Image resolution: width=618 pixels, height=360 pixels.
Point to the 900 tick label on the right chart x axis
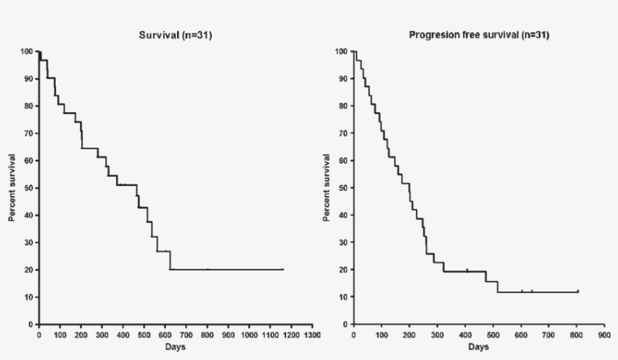click(x=603, y=334)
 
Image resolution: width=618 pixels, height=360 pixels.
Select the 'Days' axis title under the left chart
click(x=175, y=346)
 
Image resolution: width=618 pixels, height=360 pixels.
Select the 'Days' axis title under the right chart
click(x=478, y=346)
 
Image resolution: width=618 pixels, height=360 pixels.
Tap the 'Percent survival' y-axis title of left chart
click(x=13, y=188)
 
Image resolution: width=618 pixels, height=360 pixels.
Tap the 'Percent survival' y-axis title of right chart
click(x=327, y=188)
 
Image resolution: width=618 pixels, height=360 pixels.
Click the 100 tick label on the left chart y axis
click(x=26, y=52)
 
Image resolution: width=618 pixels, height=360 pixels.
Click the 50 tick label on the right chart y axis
click(x=343, y=188)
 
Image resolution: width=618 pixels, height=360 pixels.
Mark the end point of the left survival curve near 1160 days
click(x=283, y=269)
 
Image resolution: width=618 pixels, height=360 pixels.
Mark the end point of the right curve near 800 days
click(x=577, y=291)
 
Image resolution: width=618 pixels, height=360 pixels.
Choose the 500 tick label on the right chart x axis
click(x=492, y=334)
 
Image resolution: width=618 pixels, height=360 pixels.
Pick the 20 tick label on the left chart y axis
click(x=29, y=270)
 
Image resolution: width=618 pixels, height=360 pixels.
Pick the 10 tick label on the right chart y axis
click(x=343, y=297)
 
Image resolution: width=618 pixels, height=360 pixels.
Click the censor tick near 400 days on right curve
click(x=467, y=270)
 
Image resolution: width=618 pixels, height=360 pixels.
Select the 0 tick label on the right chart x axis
click(x=354, y=334)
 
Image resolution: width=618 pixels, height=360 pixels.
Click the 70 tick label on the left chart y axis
click(x=29, y=133)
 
